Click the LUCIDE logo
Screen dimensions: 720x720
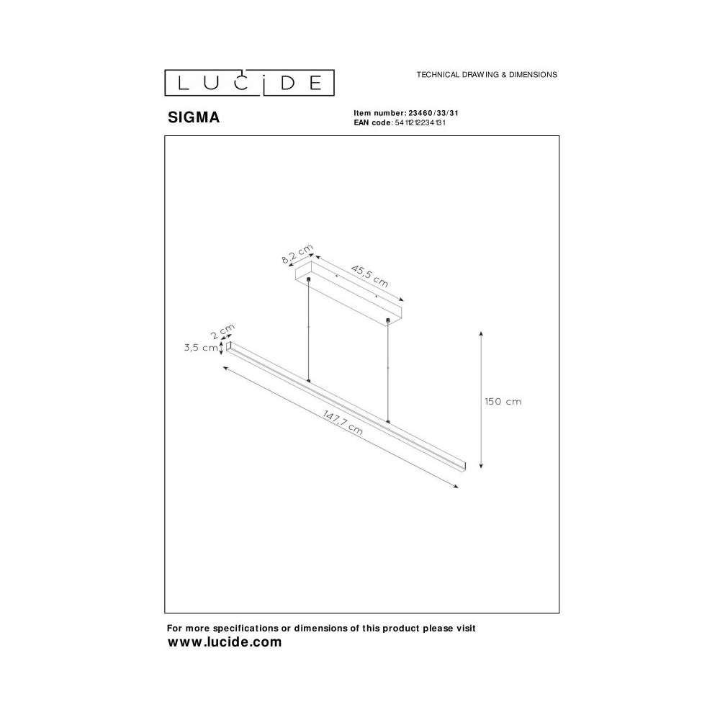coord(249,83)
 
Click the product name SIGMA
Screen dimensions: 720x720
coord(194,117)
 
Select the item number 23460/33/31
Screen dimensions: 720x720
coord(433,113)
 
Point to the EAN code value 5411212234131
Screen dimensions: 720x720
coord(420,122)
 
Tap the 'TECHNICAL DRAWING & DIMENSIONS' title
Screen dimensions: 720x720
coord(487,74)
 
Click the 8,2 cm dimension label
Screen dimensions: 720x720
coord(297,254)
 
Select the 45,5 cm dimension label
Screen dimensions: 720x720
coord(369,276)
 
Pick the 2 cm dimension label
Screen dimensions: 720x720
coord(222,331)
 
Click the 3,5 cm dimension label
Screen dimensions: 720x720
coord(201,348)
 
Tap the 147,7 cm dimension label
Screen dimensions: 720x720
coord(343,423)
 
